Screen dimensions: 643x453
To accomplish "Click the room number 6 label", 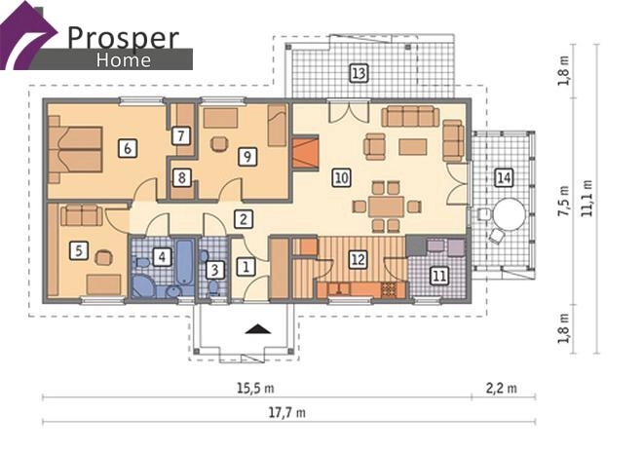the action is [x=128, y=148].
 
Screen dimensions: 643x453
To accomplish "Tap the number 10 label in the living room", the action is [x=342, y=178].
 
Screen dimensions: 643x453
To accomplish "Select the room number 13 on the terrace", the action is [x=359, y=73].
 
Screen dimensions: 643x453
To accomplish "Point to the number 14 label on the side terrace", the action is [x=504, y=178].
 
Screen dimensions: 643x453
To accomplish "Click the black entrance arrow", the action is [x=258, y=328].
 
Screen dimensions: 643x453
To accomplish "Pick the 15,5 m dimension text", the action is [x=255, y=388].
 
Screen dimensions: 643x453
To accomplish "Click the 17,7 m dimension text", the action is [x=287, y=412].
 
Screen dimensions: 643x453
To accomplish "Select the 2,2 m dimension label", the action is [x=502, y=388].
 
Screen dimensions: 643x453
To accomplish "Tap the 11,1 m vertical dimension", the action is [x=586, y=199].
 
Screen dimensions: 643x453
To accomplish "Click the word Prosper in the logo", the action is [x=123, y=38].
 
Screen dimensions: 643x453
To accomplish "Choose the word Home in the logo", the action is [x=124, y=60].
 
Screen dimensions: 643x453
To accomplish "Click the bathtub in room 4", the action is [x=184, y=261].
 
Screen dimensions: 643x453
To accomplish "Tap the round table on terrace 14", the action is [x=509, y=214].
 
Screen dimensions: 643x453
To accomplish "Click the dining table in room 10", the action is [x=386, y=207].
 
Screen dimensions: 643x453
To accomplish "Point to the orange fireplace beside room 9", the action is [x=306, y=153].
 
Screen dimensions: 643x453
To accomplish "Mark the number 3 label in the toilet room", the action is [x=214, y=270].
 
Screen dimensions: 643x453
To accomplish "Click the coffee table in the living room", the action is [x=412, y=147].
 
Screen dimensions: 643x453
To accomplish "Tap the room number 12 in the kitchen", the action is [x=358, y=259].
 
